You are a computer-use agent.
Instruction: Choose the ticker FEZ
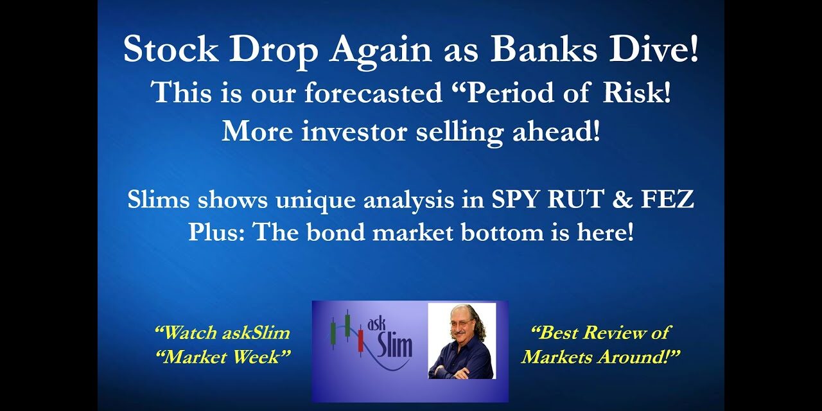pos(668,200)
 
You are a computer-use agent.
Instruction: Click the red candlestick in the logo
pos(360,340)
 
